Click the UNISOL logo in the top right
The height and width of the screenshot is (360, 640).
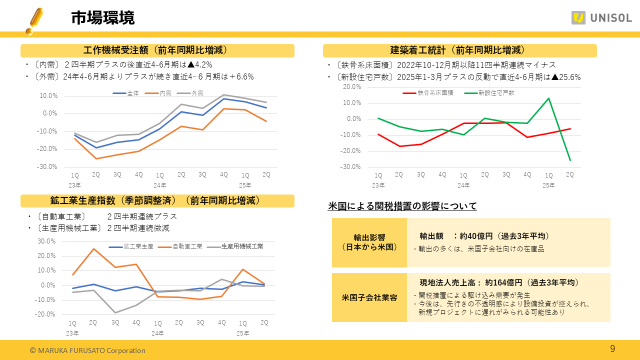601,18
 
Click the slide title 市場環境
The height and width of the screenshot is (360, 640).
102,18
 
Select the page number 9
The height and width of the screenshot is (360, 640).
612,348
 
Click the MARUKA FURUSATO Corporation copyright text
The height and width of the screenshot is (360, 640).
87,350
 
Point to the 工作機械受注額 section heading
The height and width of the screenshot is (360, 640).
157,50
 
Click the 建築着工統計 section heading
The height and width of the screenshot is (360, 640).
459,50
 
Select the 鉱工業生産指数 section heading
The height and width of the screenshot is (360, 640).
157,200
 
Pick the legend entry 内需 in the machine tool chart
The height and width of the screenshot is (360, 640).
165,93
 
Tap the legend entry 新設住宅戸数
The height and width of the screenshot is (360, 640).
495,93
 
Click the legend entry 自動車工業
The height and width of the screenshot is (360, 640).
187,246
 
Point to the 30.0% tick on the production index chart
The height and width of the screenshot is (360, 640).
46,241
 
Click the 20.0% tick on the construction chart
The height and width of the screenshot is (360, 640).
351,86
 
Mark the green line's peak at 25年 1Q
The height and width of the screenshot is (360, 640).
548,98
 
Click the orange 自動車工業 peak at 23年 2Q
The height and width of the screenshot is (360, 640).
93,248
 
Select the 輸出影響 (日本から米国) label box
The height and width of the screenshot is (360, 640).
369,242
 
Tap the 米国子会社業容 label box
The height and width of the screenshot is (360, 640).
369,297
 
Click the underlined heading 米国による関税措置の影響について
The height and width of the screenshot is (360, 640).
402,206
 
